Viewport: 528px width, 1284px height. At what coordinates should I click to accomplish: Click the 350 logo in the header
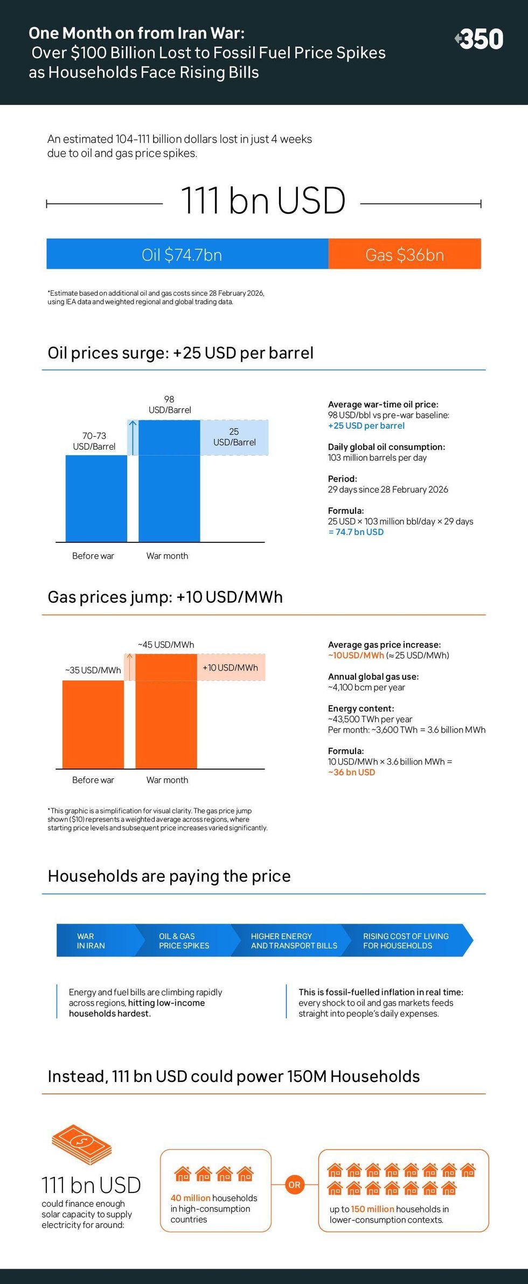480,39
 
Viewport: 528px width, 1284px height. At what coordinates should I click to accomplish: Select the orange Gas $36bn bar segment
405,254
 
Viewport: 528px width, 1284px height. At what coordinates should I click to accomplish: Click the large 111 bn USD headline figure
263,200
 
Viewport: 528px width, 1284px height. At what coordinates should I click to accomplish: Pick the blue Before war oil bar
96,498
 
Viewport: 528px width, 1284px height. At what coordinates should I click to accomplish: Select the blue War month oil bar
169,481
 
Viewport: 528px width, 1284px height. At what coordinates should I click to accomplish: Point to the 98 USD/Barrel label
170,404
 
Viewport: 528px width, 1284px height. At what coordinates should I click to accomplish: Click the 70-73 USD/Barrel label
94,441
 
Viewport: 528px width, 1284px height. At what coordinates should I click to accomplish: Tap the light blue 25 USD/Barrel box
234,437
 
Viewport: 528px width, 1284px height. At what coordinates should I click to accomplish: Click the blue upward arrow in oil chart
133,437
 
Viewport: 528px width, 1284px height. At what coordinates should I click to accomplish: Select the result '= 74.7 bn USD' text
356,532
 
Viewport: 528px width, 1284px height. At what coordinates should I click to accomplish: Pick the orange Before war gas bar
93,724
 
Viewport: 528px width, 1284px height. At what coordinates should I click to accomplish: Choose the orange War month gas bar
166,711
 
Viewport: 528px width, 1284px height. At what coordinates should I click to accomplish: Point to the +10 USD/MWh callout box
231,668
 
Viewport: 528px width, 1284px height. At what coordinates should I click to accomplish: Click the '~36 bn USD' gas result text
352,772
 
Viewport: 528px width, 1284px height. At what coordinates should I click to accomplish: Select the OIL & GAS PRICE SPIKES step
184,941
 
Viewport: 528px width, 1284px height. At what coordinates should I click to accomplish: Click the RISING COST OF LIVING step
406,941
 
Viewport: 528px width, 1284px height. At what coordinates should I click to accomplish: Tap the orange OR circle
294,1185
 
